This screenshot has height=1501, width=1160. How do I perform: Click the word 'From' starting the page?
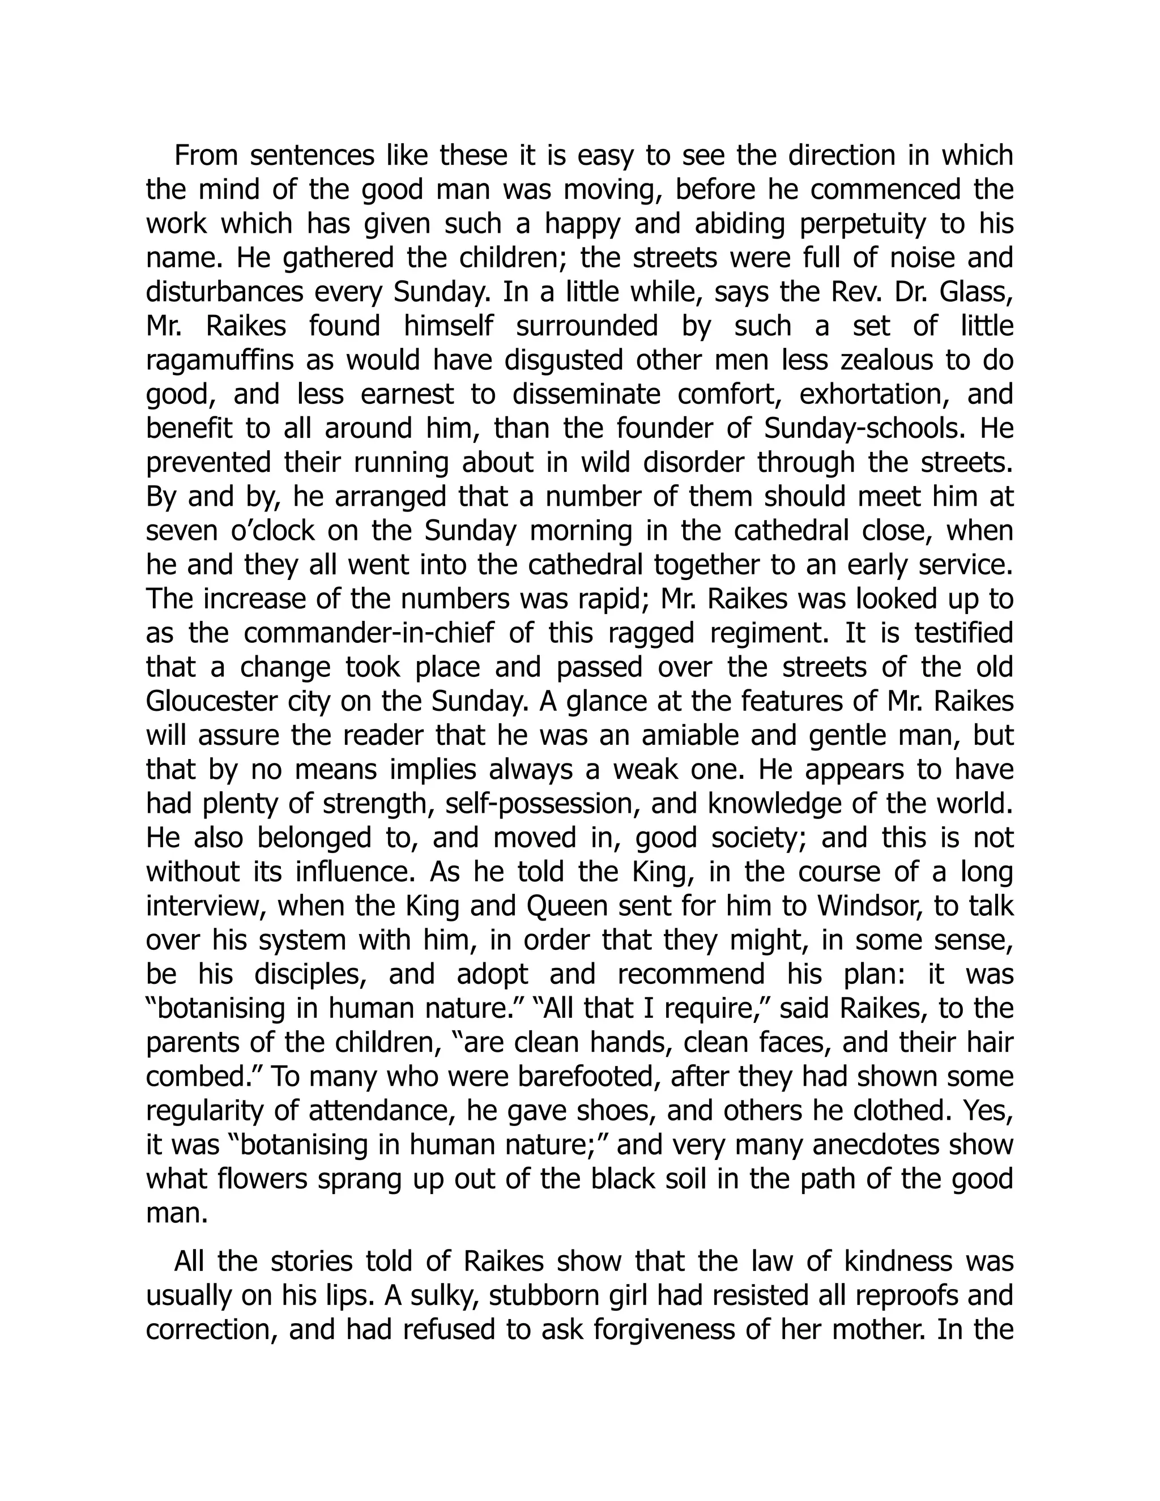tap(205, 156)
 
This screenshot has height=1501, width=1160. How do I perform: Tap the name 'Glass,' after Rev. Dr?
tap(976, 293)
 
